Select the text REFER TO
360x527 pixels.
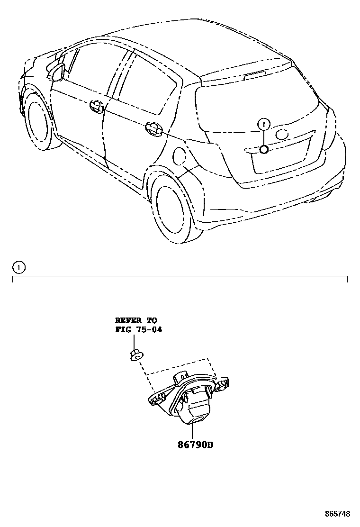coord(135,321)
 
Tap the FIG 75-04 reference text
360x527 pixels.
coord(138,329)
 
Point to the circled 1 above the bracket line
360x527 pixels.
coord(18,268)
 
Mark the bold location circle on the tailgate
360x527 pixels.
coord(264,150)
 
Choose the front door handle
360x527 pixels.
coord(96,106)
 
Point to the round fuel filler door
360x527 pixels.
coord(181,156)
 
